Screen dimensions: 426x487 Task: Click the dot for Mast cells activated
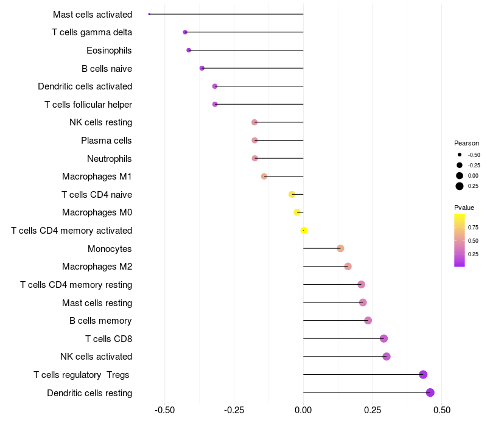149,14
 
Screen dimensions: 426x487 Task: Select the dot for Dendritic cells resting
430,393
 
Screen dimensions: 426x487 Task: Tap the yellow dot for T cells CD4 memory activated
304,230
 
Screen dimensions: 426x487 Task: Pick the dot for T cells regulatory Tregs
423,374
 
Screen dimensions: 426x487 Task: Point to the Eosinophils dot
189,50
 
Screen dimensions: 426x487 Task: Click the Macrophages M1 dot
264,176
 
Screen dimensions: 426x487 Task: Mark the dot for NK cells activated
387,357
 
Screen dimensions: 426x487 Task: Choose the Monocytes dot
340,248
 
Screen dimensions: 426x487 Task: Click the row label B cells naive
107,68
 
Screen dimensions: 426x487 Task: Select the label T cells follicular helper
88,105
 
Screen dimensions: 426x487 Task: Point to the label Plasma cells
107,141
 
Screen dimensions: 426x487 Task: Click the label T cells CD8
109,338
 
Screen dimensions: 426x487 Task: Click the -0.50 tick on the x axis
164,411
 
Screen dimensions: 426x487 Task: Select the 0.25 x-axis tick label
373,411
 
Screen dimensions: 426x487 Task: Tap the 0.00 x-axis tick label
303,411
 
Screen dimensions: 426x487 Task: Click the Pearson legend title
466,143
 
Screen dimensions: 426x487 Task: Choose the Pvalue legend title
464,208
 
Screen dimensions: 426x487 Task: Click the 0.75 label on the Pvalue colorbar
473,228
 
